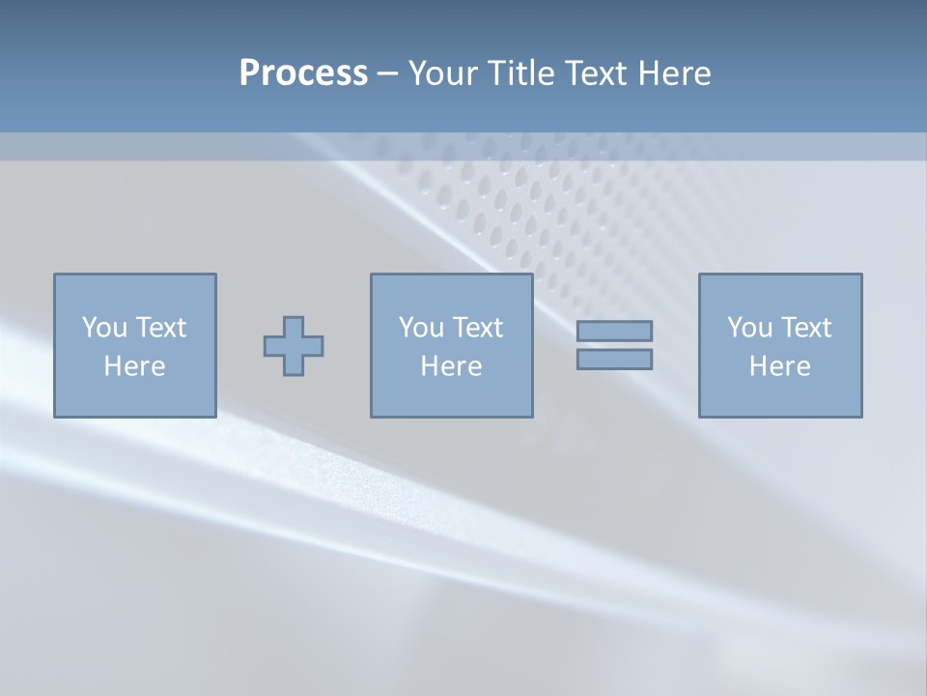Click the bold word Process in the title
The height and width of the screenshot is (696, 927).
[303, 73]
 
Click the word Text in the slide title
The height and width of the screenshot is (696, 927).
[596, 73]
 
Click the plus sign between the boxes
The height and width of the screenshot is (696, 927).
[294, 346]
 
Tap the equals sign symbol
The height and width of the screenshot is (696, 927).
[614, 345]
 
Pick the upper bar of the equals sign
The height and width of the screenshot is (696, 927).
[614, 332]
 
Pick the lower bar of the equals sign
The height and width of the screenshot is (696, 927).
[614, 359]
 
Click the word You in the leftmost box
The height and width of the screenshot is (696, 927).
[104, 328]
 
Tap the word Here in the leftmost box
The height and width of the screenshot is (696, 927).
[134, 366]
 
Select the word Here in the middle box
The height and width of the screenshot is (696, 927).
[451, 366]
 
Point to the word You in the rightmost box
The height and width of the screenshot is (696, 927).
[749, 328]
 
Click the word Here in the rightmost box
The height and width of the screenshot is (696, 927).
[779, 366]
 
